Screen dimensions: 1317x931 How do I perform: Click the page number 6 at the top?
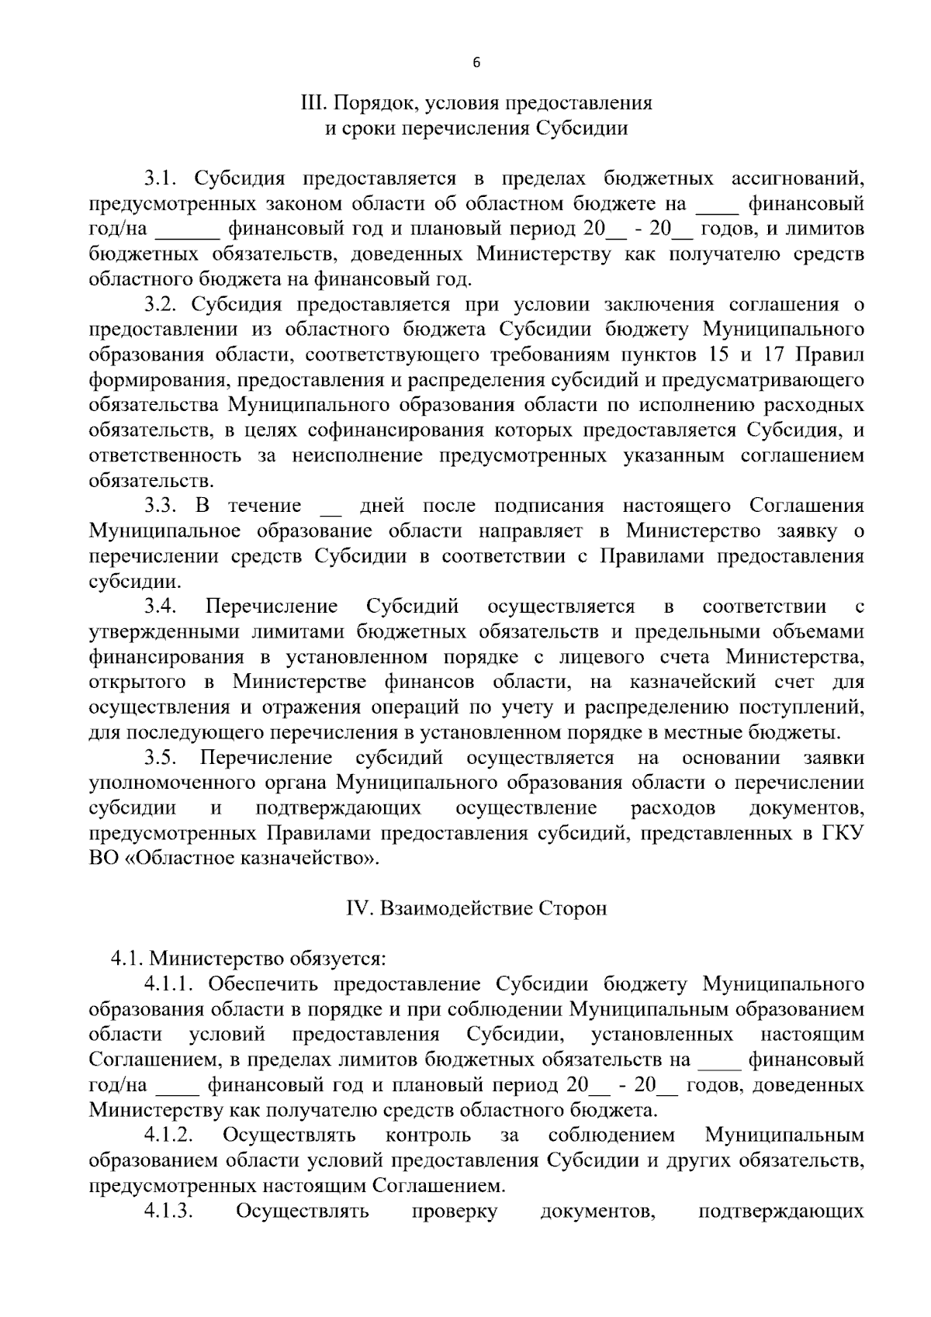click(476, 63)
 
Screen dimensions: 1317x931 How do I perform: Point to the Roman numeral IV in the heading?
click(355, 908)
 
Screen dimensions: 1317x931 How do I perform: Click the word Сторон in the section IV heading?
click(573, 908)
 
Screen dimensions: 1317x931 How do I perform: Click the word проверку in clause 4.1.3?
click(454, 1211)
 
